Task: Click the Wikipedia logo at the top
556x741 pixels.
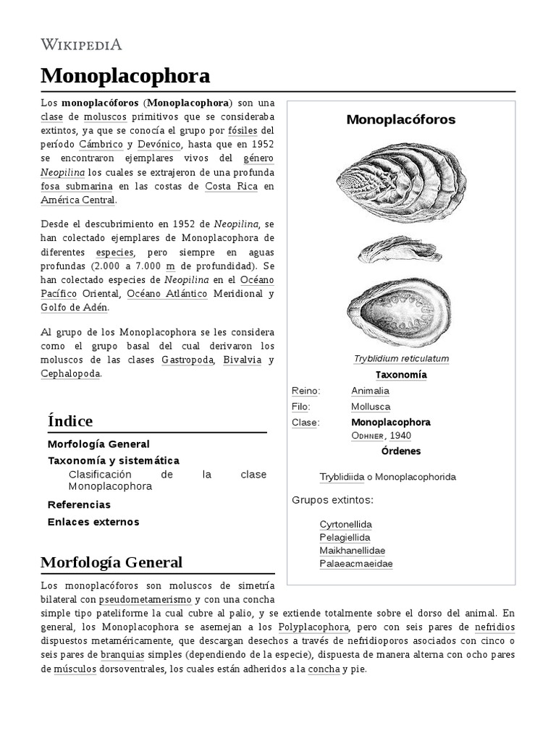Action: pyautogui.click(x=81, y=45)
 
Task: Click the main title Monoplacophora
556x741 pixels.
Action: pyautogui.click(x=125, y=75)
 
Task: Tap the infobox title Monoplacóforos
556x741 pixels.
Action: pyautogui.click(x=400, y=119)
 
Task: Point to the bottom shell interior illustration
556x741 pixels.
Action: pyautogui.click(x=400, y=310)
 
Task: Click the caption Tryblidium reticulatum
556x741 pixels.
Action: pyautogui.click(x=401, y=359)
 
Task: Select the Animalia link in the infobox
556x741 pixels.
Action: pyautogui.click(x=370, y=391)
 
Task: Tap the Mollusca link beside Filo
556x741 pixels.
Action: pyautogui.click(x=370, y=407)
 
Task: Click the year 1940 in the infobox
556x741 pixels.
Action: pyautogui.click(x=400, y=436)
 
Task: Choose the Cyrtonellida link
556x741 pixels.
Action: pyautogui.click(x=345, y=524)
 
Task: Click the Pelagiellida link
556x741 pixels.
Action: pyautogui.click(x=345, y=538)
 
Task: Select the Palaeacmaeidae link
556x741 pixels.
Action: pyautogui.click(x=355, y=564)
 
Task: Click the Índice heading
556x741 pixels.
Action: pyautogui.click(x=69, y=420)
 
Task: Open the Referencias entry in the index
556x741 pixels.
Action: pyautogui.click(x=79, y=504)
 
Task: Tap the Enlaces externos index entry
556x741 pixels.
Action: pyautogui.click(x=93, y=522)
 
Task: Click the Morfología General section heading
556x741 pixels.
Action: pyautogui.click(x=111, y=562)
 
